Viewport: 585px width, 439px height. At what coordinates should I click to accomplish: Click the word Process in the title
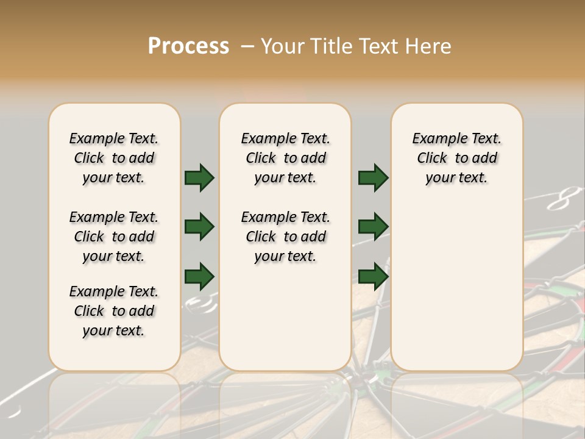coord(188,46)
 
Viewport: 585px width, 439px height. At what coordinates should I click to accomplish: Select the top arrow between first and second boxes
coord(199,178)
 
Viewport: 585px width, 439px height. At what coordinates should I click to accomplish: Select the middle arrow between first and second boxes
coord(199,227)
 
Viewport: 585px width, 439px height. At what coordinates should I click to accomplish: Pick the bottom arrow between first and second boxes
coord(199,276)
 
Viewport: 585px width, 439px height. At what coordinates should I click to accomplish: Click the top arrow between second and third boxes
coord(373,178)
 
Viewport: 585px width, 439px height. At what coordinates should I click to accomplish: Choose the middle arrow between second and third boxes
coord(373,227)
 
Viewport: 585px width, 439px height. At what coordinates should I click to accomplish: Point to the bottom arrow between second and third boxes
coord(373,276)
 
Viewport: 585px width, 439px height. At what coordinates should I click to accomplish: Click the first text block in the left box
coord(114,158)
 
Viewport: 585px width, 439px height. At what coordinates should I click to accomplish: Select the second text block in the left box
coord(114,237)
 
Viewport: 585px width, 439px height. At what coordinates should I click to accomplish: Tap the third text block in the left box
coord(114,311)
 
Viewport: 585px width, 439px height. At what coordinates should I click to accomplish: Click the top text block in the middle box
coord(285,158)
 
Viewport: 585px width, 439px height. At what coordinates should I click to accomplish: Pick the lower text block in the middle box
coord(285,237)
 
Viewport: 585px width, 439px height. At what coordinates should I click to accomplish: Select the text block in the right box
coord(456,158)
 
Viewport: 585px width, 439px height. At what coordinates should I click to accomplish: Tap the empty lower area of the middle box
coord(285,317)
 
